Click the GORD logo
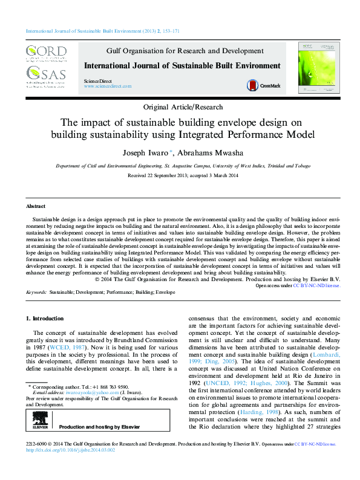45,53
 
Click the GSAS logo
45,75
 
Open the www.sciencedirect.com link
108,86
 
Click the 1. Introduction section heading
44,318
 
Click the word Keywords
37,293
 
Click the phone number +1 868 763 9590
111,386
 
